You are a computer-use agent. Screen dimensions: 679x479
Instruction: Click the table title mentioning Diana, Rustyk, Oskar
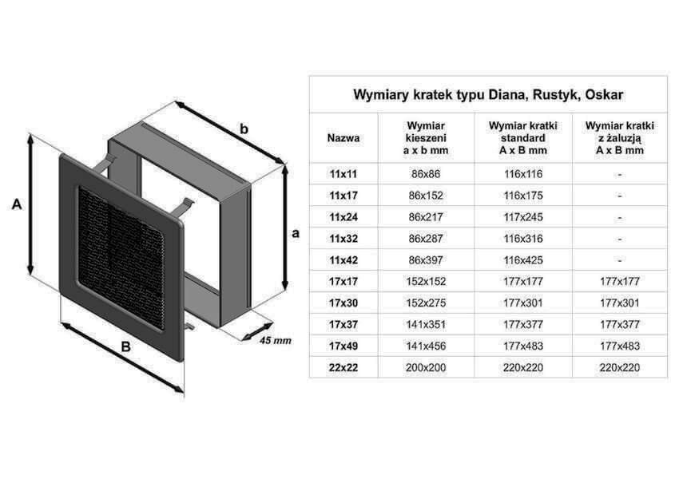[488, 95]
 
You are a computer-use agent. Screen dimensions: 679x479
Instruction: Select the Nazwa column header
[343, 138]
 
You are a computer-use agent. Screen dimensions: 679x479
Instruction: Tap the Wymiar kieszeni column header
[426, 138]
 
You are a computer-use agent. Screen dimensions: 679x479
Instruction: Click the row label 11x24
[343, 217]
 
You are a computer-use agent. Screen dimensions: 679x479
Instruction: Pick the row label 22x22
[343, 368]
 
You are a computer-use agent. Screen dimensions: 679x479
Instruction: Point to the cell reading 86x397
[426, 260]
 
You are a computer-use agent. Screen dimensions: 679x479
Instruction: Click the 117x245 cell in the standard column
[523, 217]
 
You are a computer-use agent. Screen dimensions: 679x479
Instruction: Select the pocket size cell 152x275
[426, 303]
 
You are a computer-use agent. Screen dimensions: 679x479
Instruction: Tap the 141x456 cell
[426, 346]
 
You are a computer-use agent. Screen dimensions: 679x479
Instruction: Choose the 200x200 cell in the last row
[426, 368]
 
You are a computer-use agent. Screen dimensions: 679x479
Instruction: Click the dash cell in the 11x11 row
[620, 174]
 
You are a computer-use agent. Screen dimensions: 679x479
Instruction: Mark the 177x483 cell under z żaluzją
[620, 346]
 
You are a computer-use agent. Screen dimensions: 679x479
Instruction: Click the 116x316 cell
[523, 239]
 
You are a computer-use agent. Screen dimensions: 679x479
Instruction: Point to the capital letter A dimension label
[17, 204]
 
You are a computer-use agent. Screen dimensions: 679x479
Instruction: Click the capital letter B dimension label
[125, 347]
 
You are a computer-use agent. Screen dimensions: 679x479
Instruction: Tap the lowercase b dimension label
[244, 129]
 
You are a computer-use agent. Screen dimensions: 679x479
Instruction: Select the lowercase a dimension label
[296, 233]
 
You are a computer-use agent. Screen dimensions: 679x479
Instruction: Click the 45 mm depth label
[276, 341]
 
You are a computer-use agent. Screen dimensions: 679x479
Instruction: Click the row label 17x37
[343, 325]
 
